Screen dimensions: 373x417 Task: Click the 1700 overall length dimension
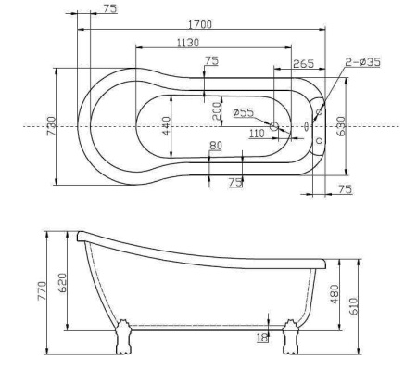point(196,25)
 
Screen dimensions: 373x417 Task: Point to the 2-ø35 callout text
point(363,62)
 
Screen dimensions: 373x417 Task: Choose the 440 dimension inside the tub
point(166,124)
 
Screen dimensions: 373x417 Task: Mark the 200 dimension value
point(216,110)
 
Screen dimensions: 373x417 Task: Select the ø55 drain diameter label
point(244,112)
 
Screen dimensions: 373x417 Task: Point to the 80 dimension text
point(215,145)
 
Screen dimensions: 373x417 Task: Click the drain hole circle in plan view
point(274,124)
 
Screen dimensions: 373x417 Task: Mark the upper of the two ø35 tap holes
point(319,112)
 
